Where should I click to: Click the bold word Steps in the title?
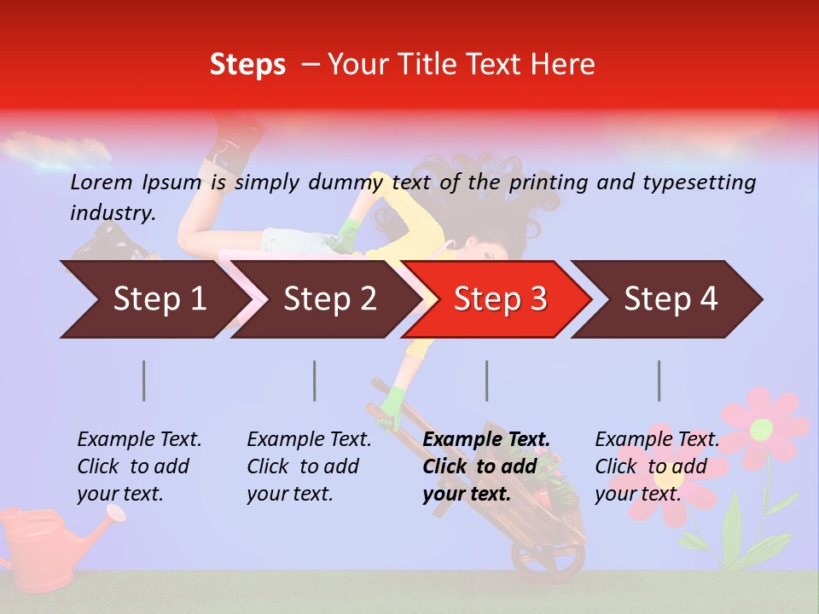(x=247, y=65)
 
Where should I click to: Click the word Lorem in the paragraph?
(x=102, y=182)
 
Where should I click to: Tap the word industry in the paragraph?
(x=112, y=212)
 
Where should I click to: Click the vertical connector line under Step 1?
(x=144, y=380)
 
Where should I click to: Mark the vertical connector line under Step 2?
(x=315, y=380)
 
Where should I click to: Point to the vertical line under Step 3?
(x=487, y=380)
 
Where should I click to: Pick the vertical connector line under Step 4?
(x=659, y=380)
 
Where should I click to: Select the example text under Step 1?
(x=139, y=466)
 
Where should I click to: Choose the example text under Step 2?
(x=309, y=466)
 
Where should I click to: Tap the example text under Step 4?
(x=657, y=466)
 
